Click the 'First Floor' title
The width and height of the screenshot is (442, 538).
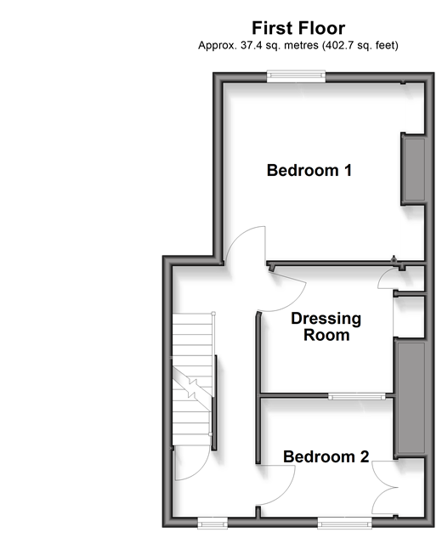click(298, 28)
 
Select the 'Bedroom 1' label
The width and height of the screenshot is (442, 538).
click(309, 170)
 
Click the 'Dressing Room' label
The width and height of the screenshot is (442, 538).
click(326, 326)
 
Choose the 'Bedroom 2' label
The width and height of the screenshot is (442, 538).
click(326, 456)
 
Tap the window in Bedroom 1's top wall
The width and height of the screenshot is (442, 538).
click(296, 76)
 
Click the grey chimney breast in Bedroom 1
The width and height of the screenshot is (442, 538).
click(414, 169)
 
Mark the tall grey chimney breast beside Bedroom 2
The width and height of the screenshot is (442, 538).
click(411, 398)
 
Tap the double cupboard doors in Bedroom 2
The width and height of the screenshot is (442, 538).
click(384, 487)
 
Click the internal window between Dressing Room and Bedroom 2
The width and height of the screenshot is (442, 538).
click(356, 397)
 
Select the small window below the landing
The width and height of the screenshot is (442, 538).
click(212, 524)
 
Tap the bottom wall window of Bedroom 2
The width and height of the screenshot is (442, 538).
click(344, 524)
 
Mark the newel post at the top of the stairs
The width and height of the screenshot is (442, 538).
click(213, 314)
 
